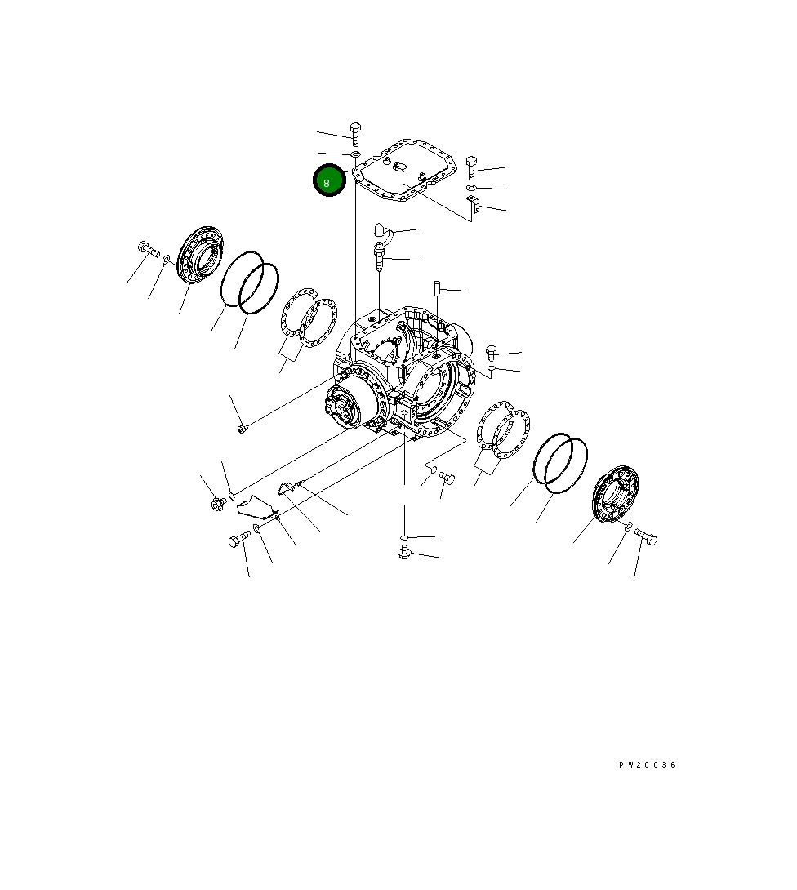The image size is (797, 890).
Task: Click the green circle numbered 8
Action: (329, 180)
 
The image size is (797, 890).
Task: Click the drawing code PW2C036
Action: (647, 764)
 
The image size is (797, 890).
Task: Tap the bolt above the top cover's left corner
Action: (355, 133)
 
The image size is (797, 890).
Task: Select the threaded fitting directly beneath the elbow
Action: (379, 256)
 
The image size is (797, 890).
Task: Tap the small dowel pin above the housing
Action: (438, 287)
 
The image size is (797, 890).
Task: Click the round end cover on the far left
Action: (200, 256)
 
